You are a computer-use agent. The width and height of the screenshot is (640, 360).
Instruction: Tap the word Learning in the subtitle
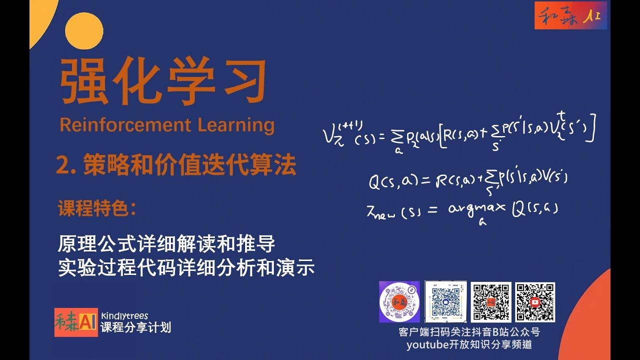[236, 125]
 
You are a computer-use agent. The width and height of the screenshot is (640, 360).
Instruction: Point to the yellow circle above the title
[84, 30]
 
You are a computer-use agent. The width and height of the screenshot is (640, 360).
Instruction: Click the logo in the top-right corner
[570, 15]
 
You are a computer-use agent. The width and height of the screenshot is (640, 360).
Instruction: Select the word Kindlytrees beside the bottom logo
[124, 315]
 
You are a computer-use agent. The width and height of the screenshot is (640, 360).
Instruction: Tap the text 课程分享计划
[135, 327]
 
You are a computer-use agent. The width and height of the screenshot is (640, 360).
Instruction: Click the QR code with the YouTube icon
[535, 302]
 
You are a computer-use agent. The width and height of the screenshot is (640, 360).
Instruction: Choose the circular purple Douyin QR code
[399, 302]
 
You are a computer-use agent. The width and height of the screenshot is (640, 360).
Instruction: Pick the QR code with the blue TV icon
[445, 301]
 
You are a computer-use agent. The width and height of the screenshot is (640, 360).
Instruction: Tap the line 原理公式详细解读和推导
[166, 245]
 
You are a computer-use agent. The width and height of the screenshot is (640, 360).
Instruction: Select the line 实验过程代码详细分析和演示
[186, 268]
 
